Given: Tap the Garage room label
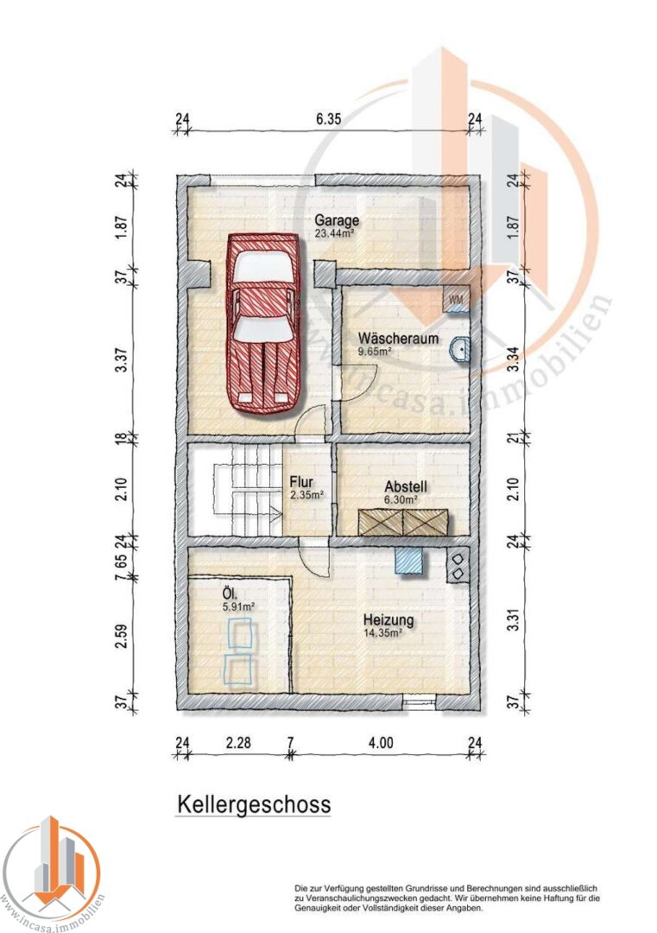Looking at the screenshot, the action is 337,220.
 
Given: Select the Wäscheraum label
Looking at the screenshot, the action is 398,339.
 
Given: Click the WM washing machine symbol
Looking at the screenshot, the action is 456,300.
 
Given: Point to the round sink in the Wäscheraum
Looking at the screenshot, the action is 460,349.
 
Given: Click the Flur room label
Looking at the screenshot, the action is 300,482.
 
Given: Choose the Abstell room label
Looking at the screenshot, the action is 406,486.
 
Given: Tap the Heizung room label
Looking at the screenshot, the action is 389,619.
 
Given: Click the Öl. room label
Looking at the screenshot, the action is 231,593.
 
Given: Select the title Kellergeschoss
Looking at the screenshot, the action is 253,804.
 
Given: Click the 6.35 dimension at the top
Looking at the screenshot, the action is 328,119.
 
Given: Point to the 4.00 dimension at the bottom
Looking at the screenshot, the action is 380,743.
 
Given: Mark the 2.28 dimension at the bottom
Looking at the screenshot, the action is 237,743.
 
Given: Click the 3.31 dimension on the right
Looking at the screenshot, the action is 515,619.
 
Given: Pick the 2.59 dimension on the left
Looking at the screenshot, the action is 121,636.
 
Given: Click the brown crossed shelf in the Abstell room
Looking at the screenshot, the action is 404,522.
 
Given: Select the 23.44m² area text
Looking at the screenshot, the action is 334,234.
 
